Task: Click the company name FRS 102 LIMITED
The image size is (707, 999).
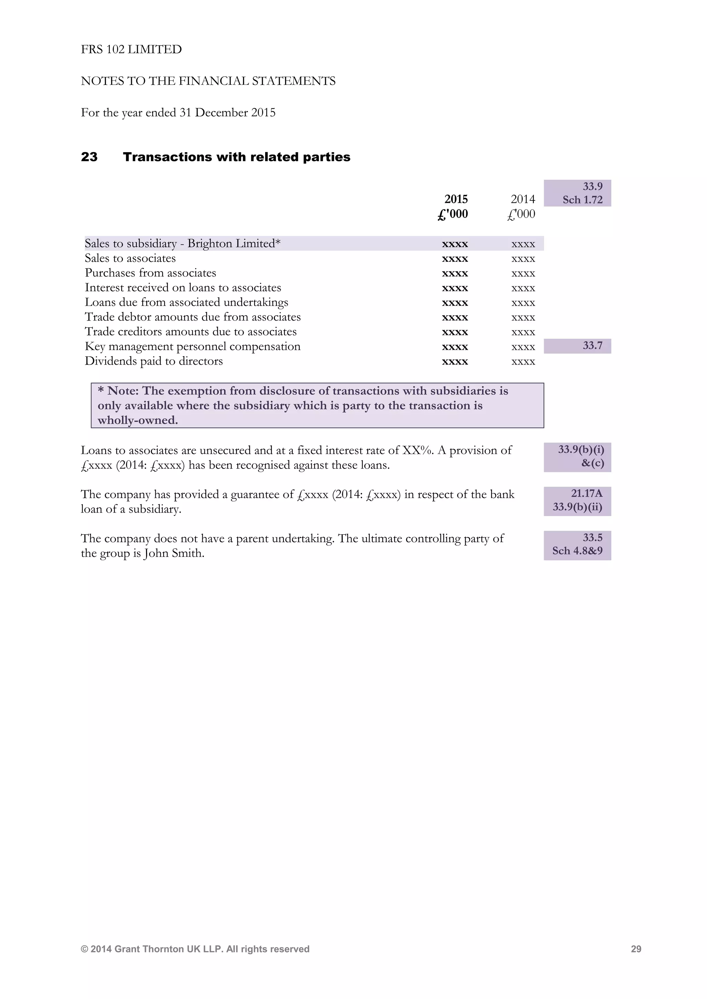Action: coord(131,49)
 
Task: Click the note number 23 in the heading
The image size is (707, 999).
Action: coord(89,157)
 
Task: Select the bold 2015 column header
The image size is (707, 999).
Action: coord(456,199)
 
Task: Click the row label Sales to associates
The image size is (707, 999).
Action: coord(130,258)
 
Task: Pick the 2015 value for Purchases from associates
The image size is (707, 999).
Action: coord(455,273)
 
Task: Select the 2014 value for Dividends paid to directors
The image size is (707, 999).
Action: coord(523,362)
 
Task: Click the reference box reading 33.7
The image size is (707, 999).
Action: coord(592,346)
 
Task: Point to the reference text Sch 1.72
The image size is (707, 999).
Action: coord(582,200)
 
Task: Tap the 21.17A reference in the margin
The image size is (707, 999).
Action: coord(587,493)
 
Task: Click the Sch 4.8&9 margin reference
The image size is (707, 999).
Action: coord(577,551)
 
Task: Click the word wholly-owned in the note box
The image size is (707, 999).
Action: coord(138,420)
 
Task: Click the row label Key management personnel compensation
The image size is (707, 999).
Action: coord(192,347)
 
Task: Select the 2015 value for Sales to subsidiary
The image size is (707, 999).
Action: coord(455,244)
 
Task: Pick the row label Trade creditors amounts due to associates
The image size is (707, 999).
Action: coord(190,332)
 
